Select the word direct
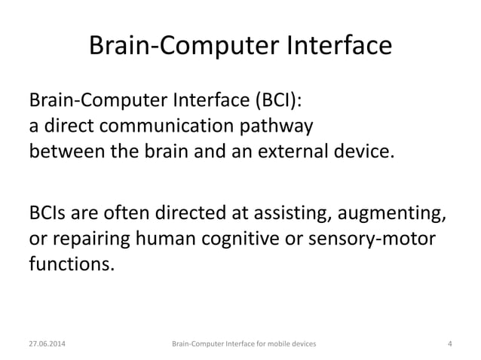69,125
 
